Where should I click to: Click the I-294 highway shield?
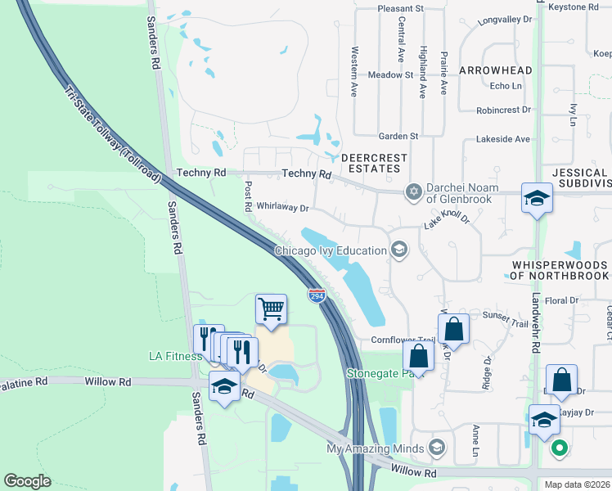pos(317,295)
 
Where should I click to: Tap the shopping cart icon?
pos(271,309)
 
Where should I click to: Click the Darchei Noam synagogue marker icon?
pos(414,191)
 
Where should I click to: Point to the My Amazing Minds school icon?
pos(437,448)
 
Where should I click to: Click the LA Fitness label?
pos(175,356)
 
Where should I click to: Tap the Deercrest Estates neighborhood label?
pos(371,162)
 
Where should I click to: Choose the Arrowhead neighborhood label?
pos(495,70)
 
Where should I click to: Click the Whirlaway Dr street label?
pos(281,208)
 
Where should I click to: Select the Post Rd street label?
pos(246,197)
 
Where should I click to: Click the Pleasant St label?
pos(400,8)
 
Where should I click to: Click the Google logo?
pos(28,481)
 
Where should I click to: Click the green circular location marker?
pos(560,448)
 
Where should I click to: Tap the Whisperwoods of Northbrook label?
pos(560,270)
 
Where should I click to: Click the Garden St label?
pos(398,136)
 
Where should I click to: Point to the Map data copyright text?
pos(577,484)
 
